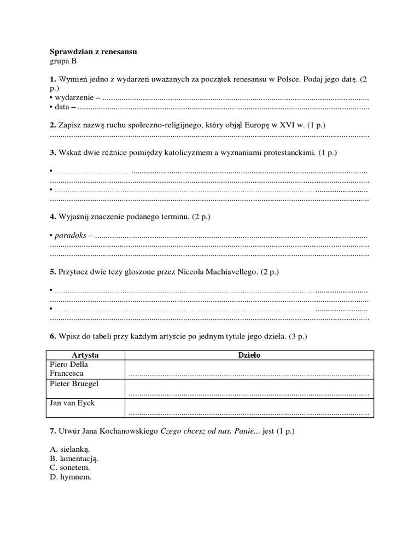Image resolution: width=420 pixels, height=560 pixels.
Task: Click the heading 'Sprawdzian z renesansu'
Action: [93, 51]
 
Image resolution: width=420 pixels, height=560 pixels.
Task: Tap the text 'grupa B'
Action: [63, 61]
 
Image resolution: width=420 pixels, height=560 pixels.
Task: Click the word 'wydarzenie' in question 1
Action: [74, 98]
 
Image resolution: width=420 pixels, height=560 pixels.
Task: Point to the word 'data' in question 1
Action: [62, 107]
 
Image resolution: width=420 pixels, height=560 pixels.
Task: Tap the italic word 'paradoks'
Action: [70, 236]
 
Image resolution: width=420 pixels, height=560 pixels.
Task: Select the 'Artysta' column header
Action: [85, 355]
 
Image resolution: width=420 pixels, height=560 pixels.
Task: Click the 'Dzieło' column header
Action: [249, 355]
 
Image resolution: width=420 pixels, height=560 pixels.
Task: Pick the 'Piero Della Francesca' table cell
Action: [85, 369]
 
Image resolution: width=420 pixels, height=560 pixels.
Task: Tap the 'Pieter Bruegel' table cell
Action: [85, 388]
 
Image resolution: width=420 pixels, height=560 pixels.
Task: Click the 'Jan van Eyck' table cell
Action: [85, 407]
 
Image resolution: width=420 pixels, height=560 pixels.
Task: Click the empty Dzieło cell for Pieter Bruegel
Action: [249, 389]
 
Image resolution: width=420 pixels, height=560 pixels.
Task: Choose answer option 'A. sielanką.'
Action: [69, 448]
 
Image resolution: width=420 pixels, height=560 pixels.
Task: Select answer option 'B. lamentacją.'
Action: [74, 458]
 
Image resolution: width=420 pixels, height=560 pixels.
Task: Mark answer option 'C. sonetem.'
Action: [69, 468]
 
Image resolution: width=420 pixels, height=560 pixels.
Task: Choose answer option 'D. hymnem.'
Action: [71, 477]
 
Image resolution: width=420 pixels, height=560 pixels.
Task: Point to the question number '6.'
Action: [53, 335]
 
